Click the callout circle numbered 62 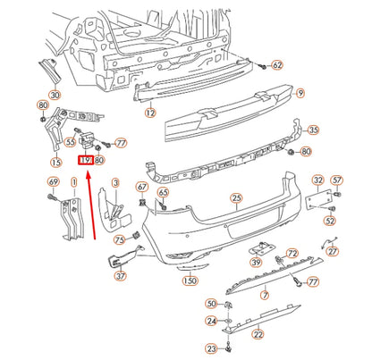[x=276, y=65]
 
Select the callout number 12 [x=151, y=113]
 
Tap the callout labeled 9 [x=300, y=91]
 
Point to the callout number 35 [x=313, y=130]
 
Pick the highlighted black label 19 [x=86, y=161]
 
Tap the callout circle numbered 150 [x=190, y=280]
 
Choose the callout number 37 [x=122, y=276]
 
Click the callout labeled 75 [x=119, y=240]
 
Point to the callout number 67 [x=142, y=187]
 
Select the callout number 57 [x=337, y=182]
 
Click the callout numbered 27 [x=333, y=252]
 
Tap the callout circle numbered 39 [x=256, y=262]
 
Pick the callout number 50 [x=211, y=305]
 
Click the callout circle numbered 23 [x=211, y=348]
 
